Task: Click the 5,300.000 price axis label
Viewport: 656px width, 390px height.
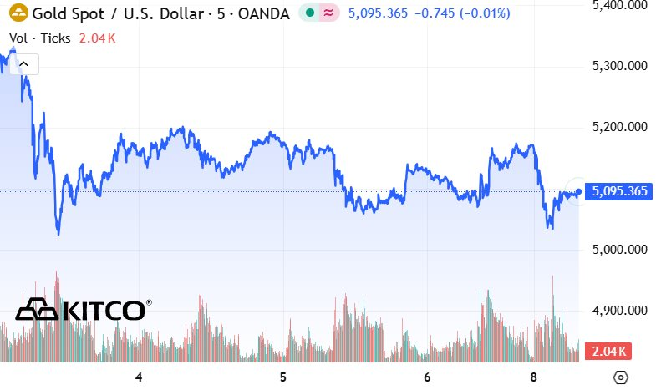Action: pos(619,66)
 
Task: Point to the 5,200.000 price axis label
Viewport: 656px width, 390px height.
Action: pos(619,128)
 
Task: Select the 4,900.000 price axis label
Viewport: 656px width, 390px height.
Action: pos(619,311)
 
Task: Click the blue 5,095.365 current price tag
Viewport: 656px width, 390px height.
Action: pos(619,191)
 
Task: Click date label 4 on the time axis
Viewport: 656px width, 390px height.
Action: pos(140,377)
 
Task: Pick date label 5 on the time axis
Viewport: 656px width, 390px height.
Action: pos(283,377)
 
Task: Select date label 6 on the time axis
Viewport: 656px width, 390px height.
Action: pos(427,377)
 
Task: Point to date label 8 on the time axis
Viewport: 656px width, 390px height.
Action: pos(534,377)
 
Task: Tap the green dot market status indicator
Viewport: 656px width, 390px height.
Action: pos(310,13)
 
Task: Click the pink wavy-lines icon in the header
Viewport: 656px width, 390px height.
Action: pos(328,13)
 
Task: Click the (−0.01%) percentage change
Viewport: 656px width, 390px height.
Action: pos(480,13)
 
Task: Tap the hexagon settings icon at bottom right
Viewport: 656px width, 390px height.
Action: pos(619,377)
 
